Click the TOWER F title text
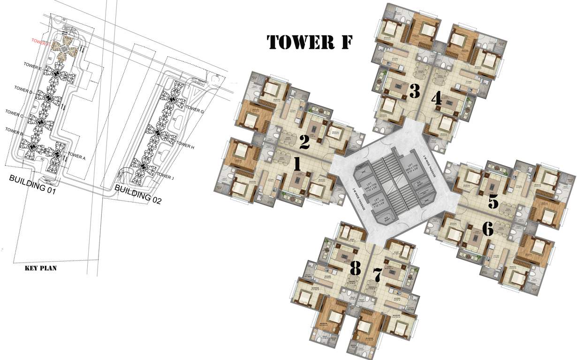pyautogui.click(x=309, y=42)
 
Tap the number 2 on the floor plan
pyautogui.click(x=304, y=142)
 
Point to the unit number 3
pyautogui.click(x=414, y=91)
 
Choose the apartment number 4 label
pyautogui.click(x=436, y=98)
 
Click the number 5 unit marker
pyautogui.click(x=493, y=202)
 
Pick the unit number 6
pyautogui.click(x=487, y=229)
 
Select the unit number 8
pyautogui.click(x=355, y=269)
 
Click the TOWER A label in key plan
pyautogui.click(x=76, y=157)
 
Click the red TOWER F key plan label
pyautogui.click(x=40, y=41)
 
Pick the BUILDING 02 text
pyautogui.click(x=138, y=194)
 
